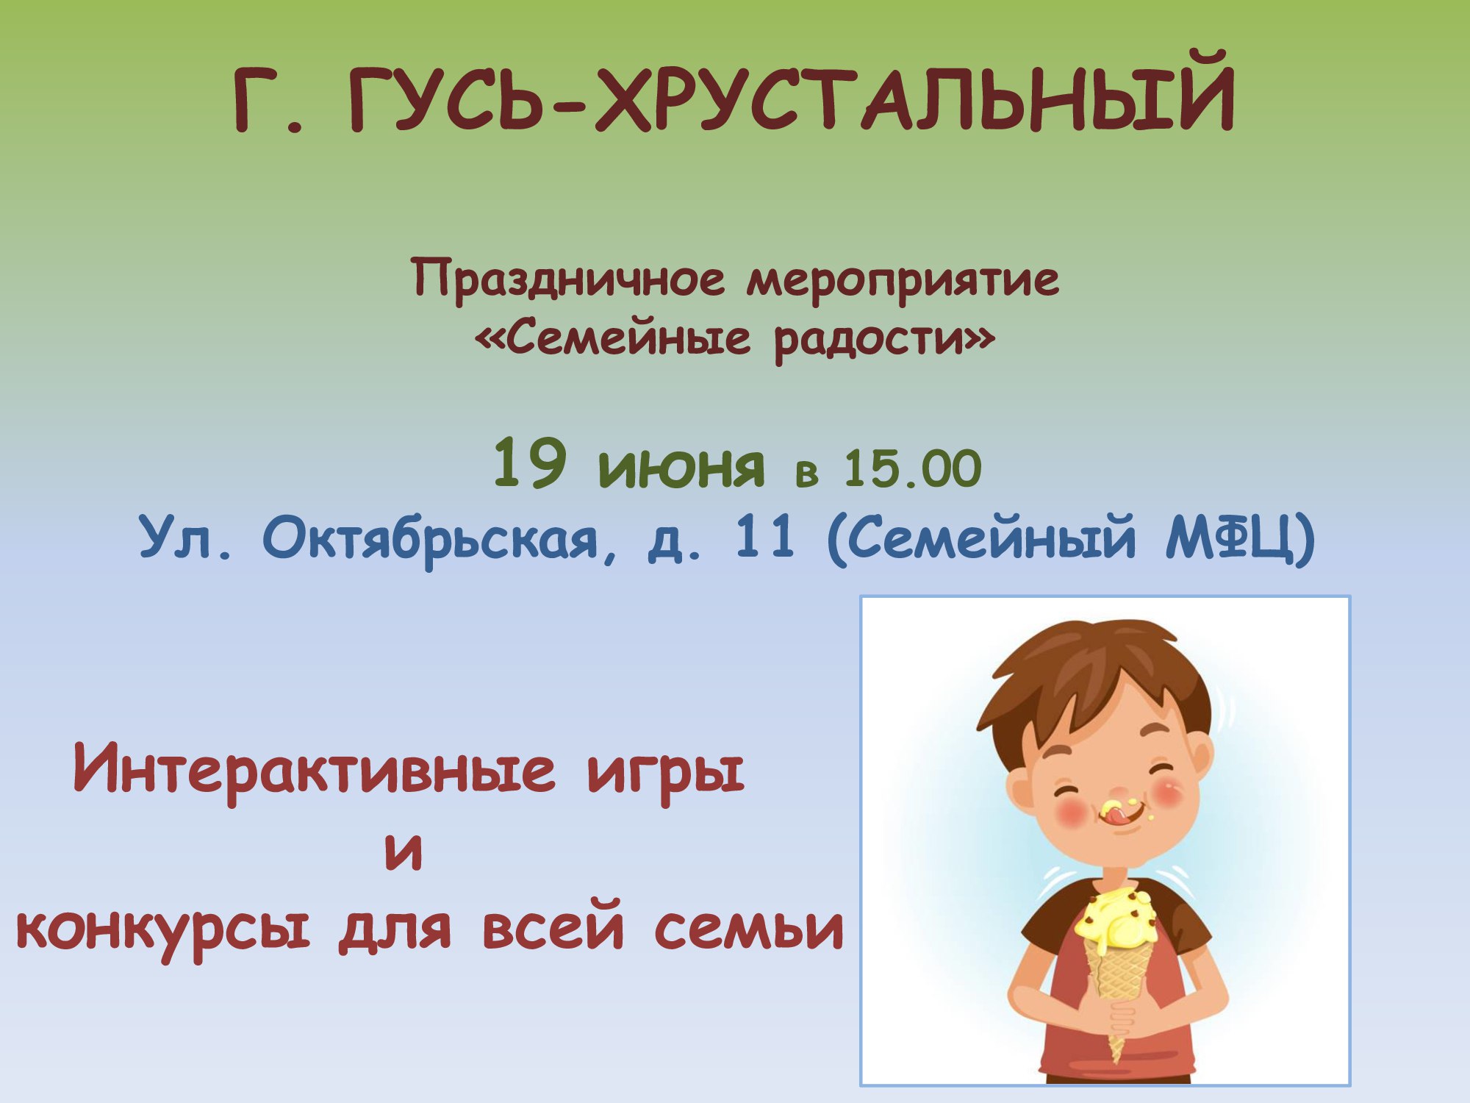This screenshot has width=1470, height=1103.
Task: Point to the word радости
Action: coord(870,340)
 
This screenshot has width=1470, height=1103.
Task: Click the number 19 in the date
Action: coord(529,463)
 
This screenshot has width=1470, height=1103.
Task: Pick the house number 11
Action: coord(764,536)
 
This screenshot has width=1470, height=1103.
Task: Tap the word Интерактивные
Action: coord(315,768)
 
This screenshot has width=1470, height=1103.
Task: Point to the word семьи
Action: coord(749,928)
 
